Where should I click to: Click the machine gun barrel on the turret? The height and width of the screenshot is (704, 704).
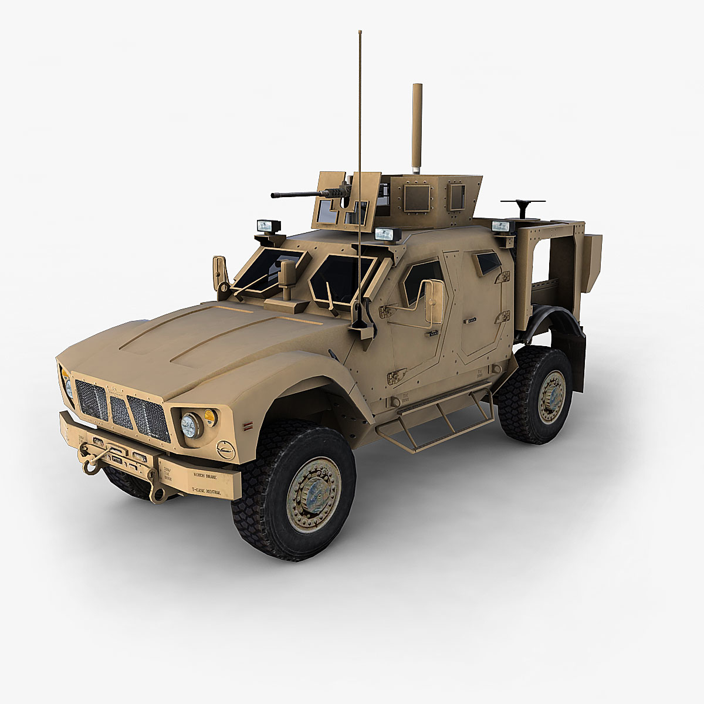click(x=290, y=195)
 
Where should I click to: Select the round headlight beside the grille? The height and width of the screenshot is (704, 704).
click(x=190, y=425)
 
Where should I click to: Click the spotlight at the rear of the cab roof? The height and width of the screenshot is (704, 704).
click(x=502, y=226)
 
